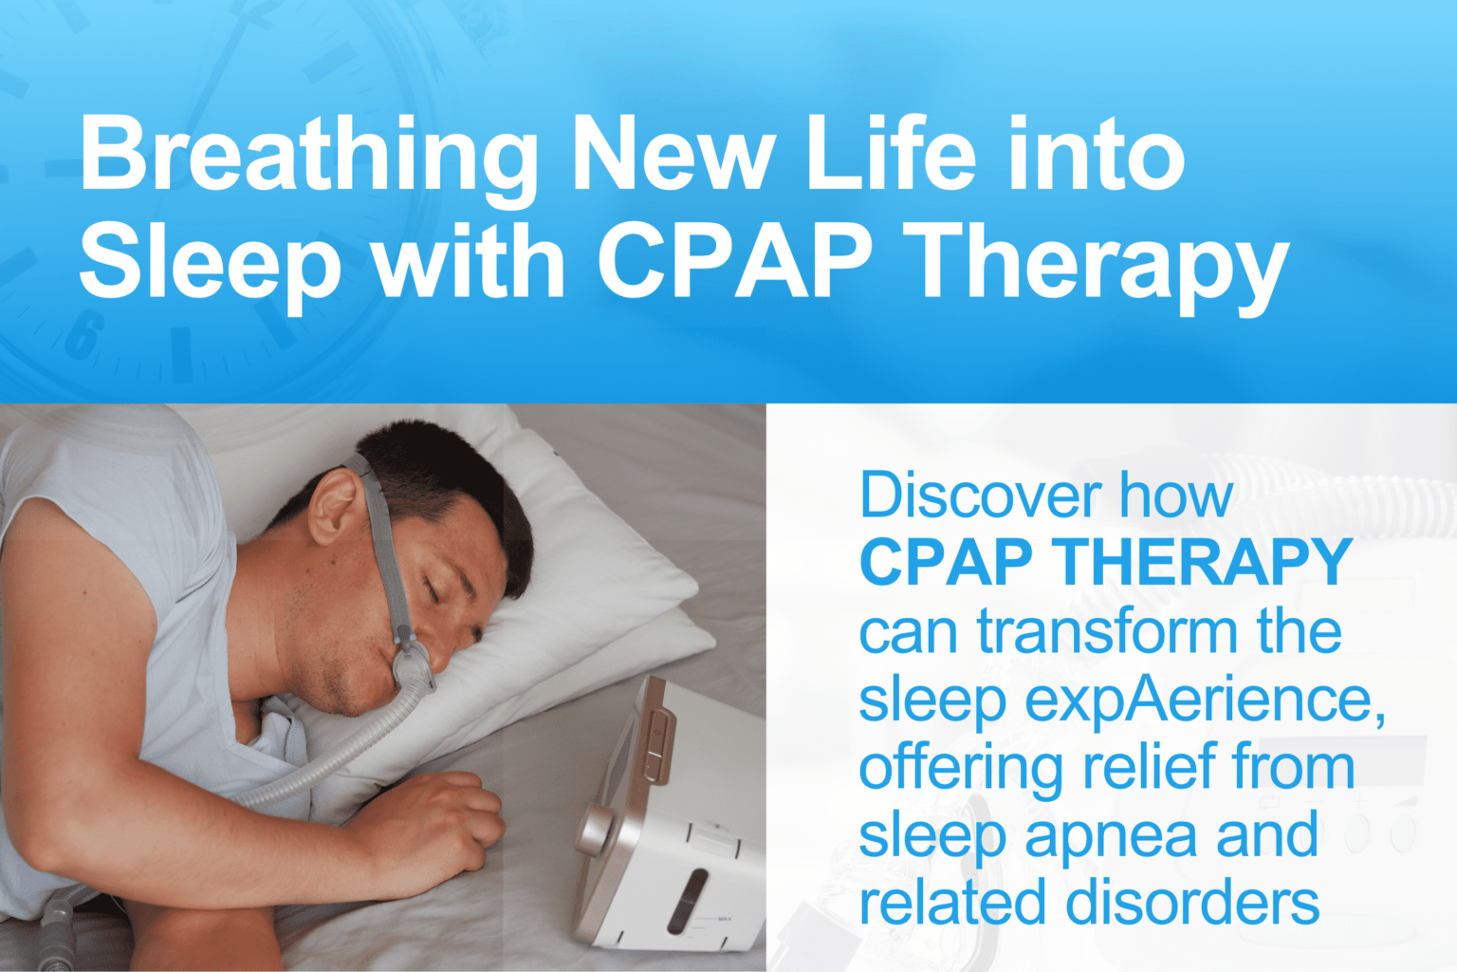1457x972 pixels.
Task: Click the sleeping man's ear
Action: point(334,504)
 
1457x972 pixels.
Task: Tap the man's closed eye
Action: point(433,590)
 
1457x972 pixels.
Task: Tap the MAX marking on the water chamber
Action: point(724,919)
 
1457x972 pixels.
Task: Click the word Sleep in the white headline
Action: point(210,261)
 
